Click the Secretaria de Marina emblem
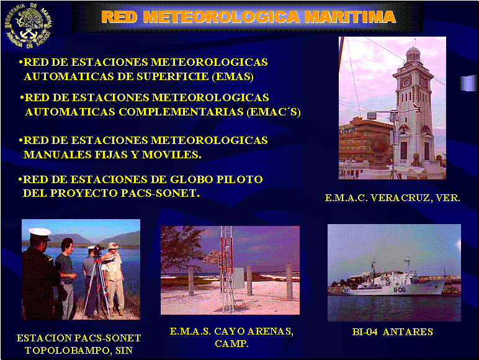coord(29,25)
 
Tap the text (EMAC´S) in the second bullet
coord(274,112)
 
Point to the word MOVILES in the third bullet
coord(172,155)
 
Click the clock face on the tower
coord(406,82)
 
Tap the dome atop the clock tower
coord(413,52)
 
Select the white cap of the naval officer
coord(40,233)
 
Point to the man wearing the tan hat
coord(114,277)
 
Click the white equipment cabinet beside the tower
coord(239,278)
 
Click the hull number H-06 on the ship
coord(400,290)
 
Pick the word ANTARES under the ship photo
coord(408,332)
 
